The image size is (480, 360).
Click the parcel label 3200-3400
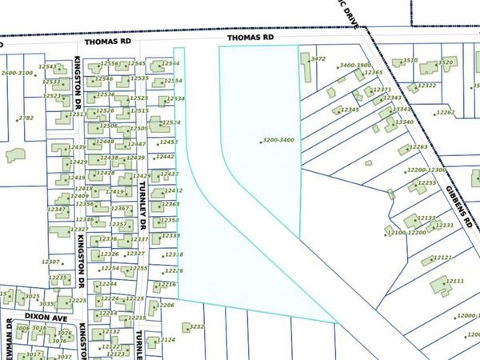click(x=278, y=140)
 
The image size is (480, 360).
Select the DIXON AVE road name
click(x=46, y=317)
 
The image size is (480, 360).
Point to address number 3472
click(x=318, y=58)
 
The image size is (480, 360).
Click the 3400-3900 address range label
click(x=355, y=66)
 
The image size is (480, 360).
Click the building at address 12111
click(x=438, y=283)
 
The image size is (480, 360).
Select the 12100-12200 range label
click(x=405, y=232)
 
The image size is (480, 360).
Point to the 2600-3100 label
click(x=17, y=73)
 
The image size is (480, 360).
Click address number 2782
click(x=26, y=118)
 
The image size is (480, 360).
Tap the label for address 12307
click(x=50, y=262)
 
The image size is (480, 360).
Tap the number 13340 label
click(x=403, y=122)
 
